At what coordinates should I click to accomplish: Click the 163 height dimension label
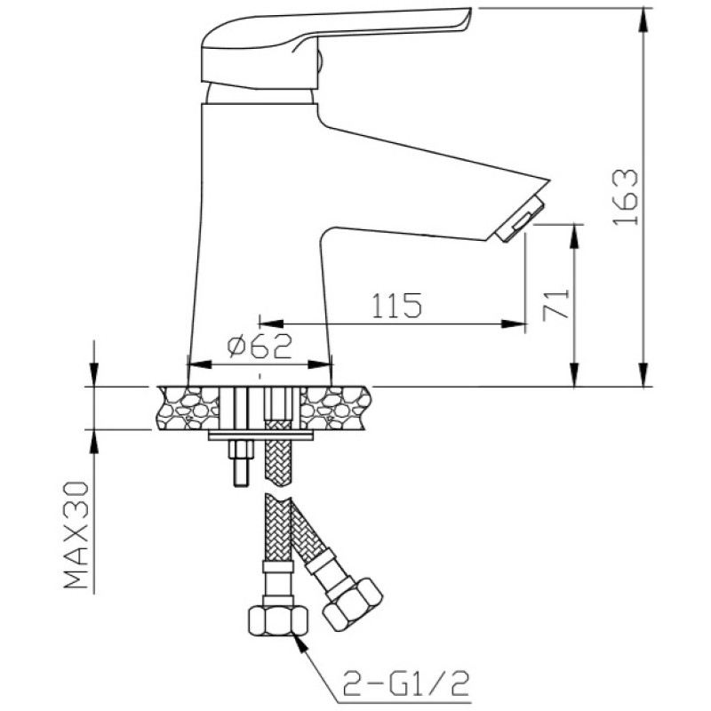tap(627, 196)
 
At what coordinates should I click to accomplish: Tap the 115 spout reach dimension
tap(395, 306)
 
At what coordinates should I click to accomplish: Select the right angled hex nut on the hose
tap(352, 602)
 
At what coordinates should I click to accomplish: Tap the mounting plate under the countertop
tap(260, 435)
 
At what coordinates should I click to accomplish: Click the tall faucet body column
tap(258, 240)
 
